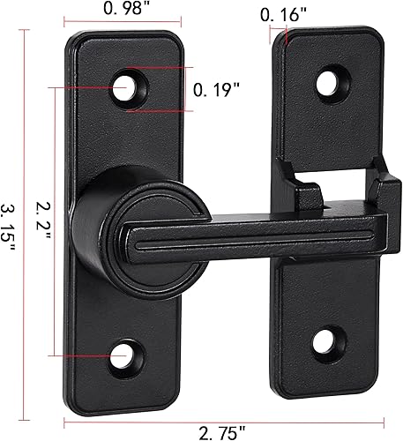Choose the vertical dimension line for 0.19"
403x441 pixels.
[x=190, y=89]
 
